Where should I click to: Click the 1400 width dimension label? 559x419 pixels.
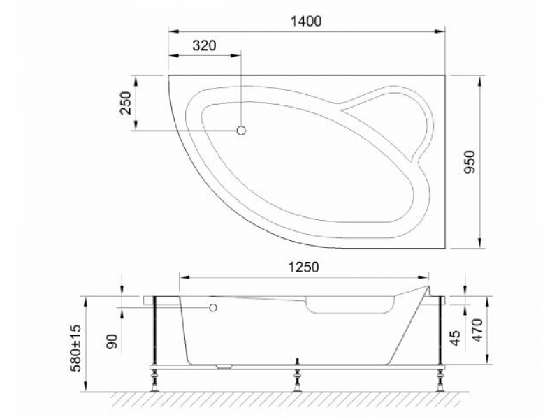[x=306, y=22]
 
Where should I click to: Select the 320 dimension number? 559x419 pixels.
[x=204, y=45]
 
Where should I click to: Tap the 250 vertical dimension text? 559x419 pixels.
[x=126, y=103]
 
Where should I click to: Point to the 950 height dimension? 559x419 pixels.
[x=470, y=162]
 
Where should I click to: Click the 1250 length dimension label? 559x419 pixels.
[x=303, y=267]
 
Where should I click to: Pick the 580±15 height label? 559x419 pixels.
[x=75, y=348]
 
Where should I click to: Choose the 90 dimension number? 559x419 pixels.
[x=112, y=341]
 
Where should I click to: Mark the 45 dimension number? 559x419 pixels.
[x=456, y=338]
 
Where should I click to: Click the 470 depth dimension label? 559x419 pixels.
[x=477, y=330]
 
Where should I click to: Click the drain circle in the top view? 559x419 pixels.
[x=241, y=131]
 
